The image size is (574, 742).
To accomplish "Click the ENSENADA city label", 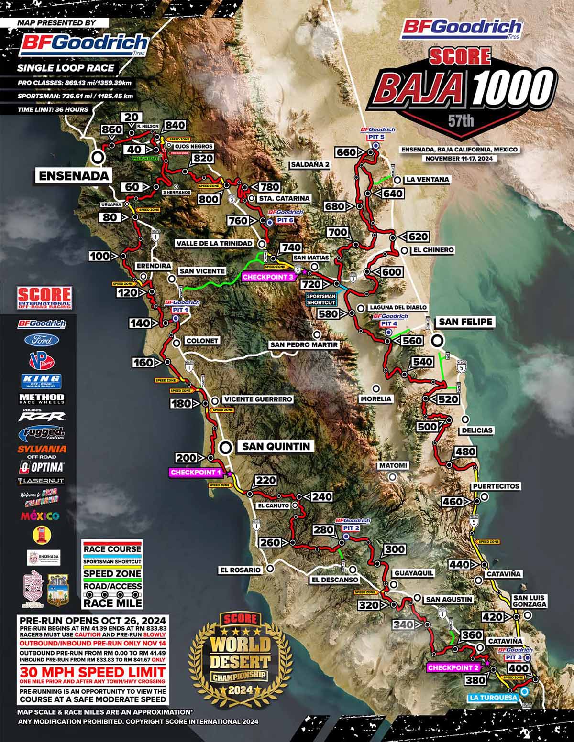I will (74, 175).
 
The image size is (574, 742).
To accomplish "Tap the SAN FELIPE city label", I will (465, 322).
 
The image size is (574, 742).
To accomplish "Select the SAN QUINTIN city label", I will (276, 447).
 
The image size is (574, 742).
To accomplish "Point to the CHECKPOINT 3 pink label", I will (267, 276).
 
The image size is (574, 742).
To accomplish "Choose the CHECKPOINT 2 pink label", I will (453, 667).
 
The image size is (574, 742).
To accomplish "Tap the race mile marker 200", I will (186, 458).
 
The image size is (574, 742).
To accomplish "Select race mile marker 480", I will (465, 452).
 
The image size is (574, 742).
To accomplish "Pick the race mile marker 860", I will (112, 129).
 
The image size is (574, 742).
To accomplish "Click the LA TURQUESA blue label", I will (494, 698).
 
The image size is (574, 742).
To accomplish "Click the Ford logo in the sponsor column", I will (42, 340).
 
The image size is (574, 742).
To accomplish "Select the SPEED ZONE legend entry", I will (112, 573).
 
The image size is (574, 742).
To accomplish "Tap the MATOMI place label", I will (393, 465).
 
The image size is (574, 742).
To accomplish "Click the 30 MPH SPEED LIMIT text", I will (92, 672).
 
